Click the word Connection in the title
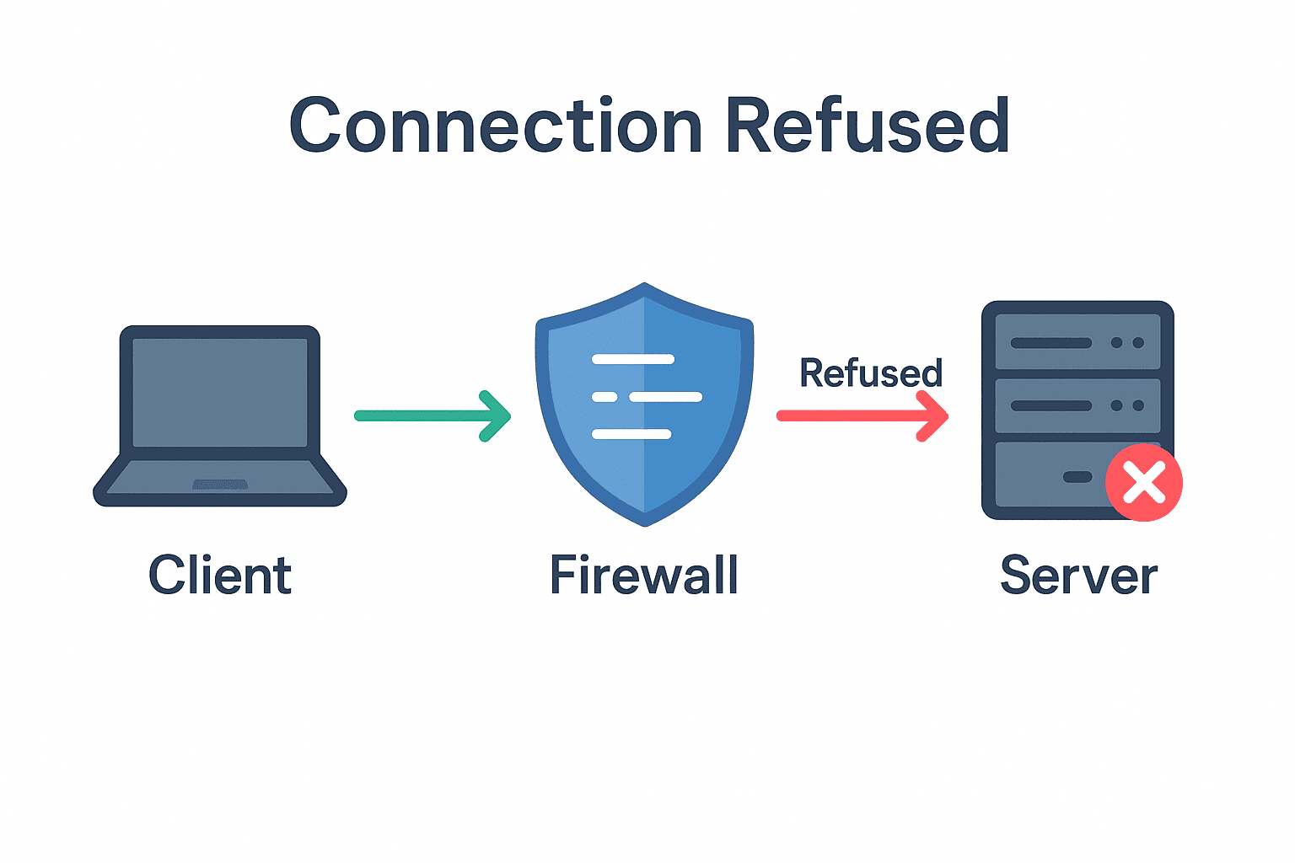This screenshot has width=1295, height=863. click(496, 126)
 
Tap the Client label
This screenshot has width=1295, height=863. click(220, 576)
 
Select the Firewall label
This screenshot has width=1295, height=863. click(644, 576)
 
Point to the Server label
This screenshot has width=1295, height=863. click(1078, 576)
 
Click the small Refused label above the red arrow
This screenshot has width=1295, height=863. click(870, 373)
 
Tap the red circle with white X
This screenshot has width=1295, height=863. click(1144, 483)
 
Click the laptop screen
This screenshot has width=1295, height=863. click(220, 392)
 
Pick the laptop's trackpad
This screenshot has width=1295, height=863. click(220, 485)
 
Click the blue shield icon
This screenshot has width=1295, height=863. click(644, 472)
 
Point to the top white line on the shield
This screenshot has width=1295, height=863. click(633, 360)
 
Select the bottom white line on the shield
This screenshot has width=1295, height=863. click(631, 434)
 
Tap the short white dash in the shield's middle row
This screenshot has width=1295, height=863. click(605, 397)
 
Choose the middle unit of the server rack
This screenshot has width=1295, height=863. click(1077, 405)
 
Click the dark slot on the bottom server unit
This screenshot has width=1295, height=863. click(1077, 477)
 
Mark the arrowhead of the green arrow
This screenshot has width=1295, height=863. click(499, 415)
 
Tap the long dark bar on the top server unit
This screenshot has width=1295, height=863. click(1051, 343)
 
